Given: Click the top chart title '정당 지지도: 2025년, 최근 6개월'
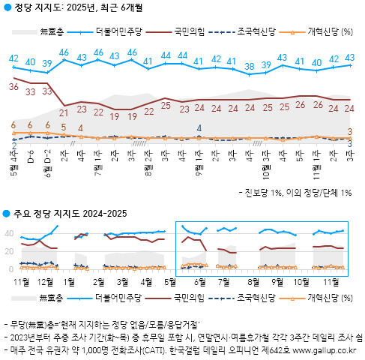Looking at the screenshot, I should click(x=79, y=7).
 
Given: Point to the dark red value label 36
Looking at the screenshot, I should click(x=13, y=87).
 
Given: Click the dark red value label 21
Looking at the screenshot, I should click(x=64, y=113).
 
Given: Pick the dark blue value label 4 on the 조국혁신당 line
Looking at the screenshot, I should click(x=199, y=128).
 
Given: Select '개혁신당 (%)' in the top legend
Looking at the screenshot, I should click(x=331, y=31).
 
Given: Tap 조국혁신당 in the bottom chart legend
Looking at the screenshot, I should click(x=252, y=298).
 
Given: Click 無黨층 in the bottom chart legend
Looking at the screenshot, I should click(x=51, y=298).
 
